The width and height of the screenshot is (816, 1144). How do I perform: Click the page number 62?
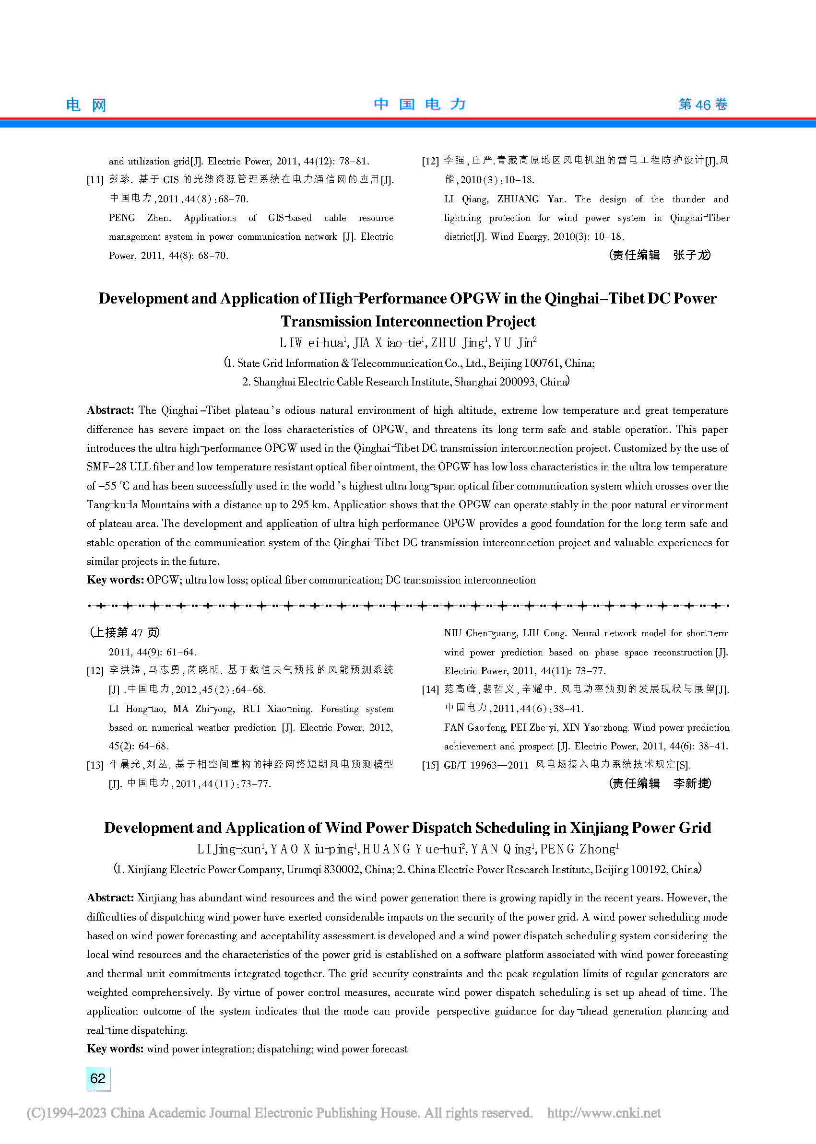[97, 1078]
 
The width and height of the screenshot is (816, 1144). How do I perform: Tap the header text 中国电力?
[420, 104]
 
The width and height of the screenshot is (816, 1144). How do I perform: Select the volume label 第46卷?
[702, 104]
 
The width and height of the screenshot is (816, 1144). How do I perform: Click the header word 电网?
[86, 105]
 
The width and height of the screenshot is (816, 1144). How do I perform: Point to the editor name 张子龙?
[691, 255]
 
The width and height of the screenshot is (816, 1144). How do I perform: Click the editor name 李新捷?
[691, 783]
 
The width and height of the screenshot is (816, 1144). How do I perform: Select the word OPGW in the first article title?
[475, 298]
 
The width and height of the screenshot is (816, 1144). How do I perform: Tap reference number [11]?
[95, 180]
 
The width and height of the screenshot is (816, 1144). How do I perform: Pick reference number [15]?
[430, 765]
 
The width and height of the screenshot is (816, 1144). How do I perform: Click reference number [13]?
[95, 765]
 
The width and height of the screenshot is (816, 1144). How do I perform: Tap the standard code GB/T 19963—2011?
[486, 765]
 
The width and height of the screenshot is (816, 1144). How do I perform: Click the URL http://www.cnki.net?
[603, 1113]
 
